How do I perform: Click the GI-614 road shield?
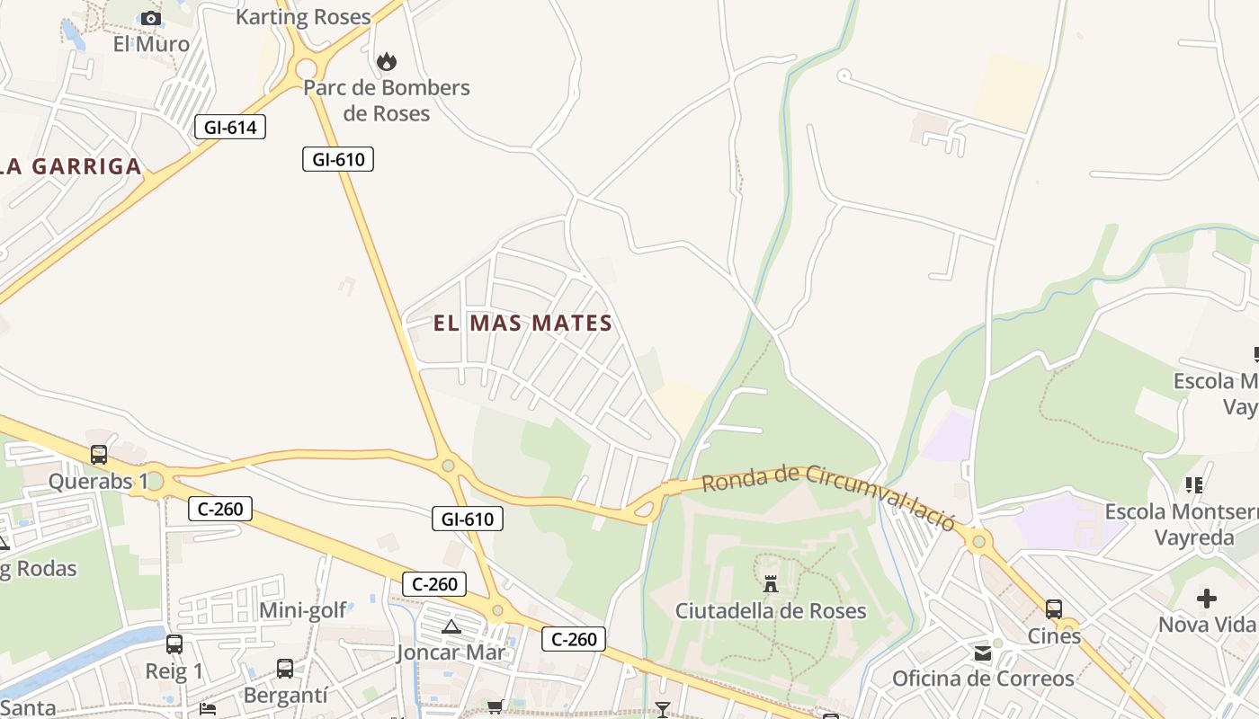(230, 127)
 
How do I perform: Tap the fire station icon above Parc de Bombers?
(387, 61)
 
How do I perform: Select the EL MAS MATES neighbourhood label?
(522, 323)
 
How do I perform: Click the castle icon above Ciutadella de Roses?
(771, 583)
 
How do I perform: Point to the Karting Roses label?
(303, 16)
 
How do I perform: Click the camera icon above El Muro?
(151, 18)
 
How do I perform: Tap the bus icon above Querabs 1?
(99, 454)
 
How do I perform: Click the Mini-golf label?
(303, 610)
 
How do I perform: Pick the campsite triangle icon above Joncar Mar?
(451, 626)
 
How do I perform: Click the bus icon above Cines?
(1054, 608)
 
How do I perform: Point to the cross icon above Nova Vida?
(1207, 598)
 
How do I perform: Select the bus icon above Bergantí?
(285, 668)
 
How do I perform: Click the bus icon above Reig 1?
(174, 644)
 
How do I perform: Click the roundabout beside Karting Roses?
(306, 67)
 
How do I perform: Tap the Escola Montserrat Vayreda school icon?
(1194, 485)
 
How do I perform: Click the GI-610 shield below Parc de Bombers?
(337, 159)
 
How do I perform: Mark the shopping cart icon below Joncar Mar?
(495, 707)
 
